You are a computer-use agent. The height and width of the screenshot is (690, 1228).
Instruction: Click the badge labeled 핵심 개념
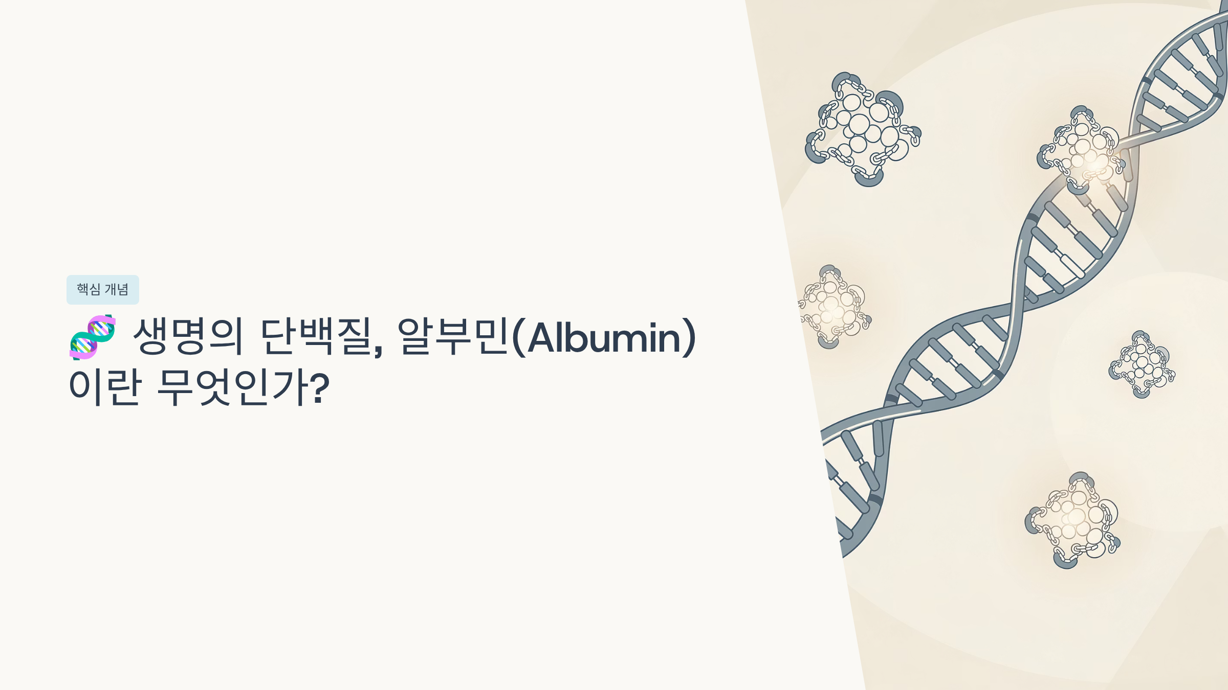point(103,290)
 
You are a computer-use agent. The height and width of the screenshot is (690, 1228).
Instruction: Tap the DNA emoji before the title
point(93,337)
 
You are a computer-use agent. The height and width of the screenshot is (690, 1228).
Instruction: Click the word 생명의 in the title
point(187,336)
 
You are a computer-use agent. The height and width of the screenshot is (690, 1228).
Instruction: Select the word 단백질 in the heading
point(316,336)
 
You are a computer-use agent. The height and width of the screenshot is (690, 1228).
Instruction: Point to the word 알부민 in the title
point(453,336)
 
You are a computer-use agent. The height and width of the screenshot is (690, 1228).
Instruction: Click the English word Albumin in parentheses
point(604,337)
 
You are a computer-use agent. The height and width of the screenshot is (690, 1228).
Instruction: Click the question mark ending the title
point(320,388)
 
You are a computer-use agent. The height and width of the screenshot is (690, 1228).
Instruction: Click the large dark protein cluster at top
point(863,129)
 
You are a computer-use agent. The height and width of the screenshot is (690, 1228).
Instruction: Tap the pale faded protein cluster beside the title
point(834,307)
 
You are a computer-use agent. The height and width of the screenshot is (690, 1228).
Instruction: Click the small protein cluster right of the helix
point(1142,364)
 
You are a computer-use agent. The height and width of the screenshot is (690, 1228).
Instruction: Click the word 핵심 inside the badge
point(89,290)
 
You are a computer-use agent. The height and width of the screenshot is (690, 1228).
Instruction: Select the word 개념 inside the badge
point(117,290)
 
